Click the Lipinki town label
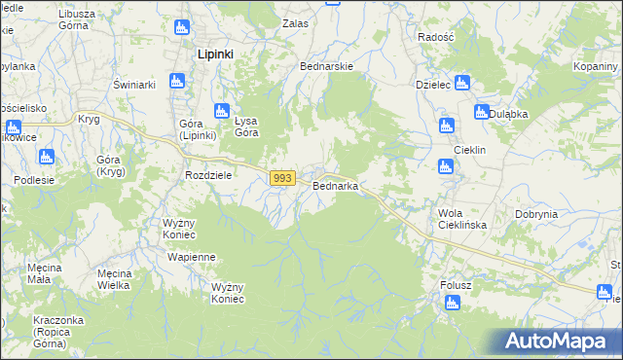click(214, 54)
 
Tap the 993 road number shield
click(282, 178)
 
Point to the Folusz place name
click(455, 285)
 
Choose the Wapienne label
click(192, 257)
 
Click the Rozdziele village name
click(207, 175)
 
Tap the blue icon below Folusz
click(451, 304)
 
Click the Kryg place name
click(89, 119)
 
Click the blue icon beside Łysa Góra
click(221, 112)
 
